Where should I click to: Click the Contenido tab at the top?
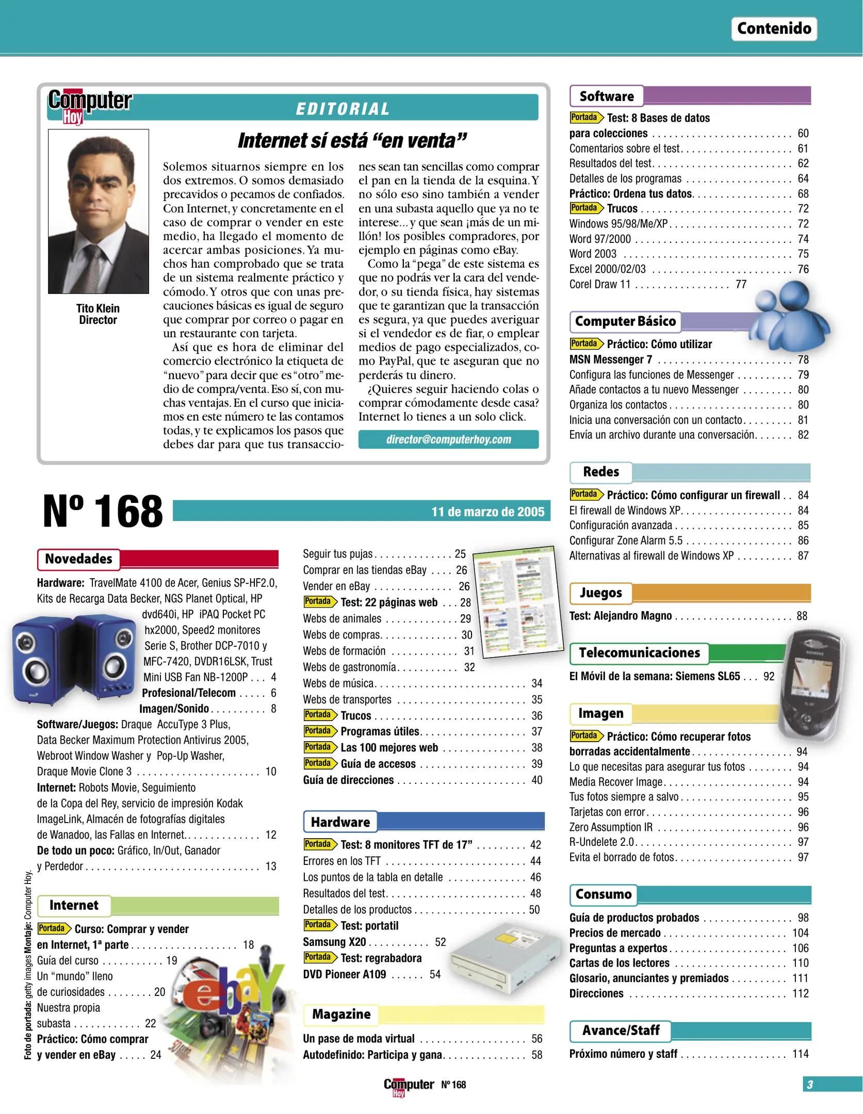[x=773, y=29]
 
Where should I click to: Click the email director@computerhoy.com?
[x=448, y=439]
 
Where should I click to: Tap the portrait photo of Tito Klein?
[x=99, y=211]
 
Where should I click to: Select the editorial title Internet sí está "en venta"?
[x=352, y=141]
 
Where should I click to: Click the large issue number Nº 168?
[x=103, y=511]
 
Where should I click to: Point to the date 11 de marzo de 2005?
[x=487, y=512]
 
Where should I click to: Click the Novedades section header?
[x=78, y=559]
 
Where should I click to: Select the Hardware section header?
[x=340, y=822]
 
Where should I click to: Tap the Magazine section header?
[x=341, y=1014]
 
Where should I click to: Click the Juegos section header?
[x=600, y=593]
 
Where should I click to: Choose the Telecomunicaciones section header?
[x=639, y=653]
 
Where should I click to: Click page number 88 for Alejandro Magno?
[x=802, y=616]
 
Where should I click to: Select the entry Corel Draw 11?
[x=599, y=285]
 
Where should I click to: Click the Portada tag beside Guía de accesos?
[x=319, y=763]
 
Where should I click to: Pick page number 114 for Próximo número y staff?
[x=800, y=1054]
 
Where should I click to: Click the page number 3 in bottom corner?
[x=810, y=1085]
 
